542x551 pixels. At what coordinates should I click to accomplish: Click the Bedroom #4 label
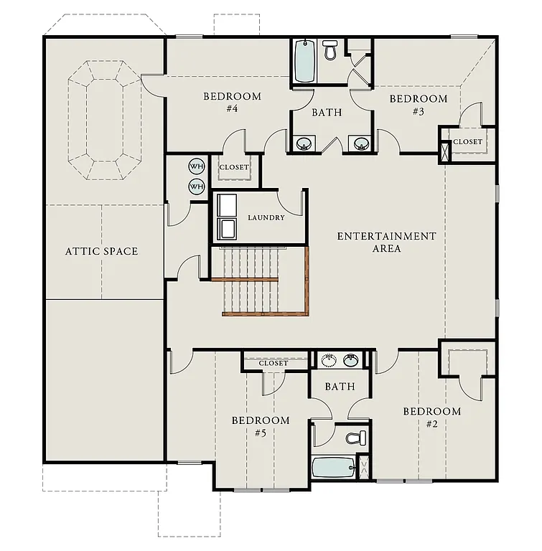coord(232,103)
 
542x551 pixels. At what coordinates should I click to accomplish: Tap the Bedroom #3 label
coord(418,105)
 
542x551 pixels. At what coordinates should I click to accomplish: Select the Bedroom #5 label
coord(260,426)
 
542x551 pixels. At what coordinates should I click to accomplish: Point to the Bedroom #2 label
coord(431,417)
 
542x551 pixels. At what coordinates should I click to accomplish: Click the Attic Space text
coord(101,251)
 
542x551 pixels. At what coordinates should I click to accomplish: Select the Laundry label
coord(266,217)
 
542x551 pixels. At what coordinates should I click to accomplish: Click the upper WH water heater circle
coord(196,166)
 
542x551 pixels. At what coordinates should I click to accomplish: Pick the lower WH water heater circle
coord(196,187)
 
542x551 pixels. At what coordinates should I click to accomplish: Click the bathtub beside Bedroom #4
coord(304,62)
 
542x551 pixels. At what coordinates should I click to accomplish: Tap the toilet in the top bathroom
coord(330,50)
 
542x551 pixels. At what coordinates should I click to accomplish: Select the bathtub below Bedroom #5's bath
coord(334,469)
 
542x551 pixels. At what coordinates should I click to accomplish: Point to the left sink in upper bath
coord(304,143)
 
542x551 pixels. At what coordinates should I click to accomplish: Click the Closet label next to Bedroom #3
coord(468,142)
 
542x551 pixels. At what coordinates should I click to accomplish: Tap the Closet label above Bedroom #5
coord(273,363)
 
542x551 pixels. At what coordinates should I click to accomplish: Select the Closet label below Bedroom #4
coord(234,167)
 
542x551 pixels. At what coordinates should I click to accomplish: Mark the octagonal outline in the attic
coord(106,120)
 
